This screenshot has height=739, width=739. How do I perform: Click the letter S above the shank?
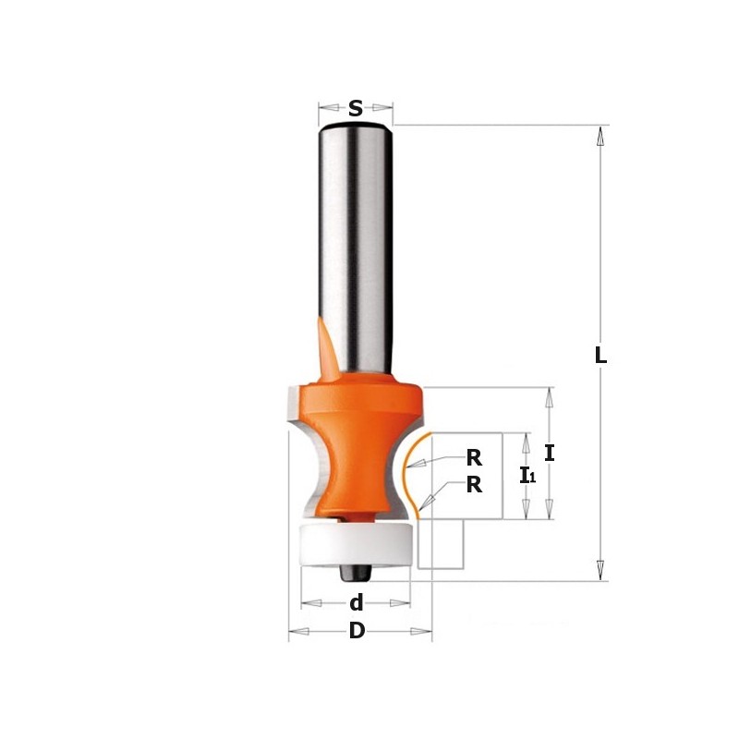356,108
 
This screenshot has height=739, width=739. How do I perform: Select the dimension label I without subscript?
550,453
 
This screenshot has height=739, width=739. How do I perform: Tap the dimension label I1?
527,477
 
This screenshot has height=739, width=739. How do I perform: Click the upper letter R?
474,456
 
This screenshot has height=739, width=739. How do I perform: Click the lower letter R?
474,484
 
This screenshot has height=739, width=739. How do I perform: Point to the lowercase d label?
356,603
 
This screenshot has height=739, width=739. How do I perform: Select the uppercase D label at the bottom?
357,633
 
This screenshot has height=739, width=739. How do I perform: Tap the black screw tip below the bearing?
352,570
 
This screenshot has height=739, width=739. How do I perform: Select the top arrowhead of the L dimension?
600,135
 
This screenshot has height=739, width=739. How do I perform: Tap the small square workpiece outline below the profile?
440,544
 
